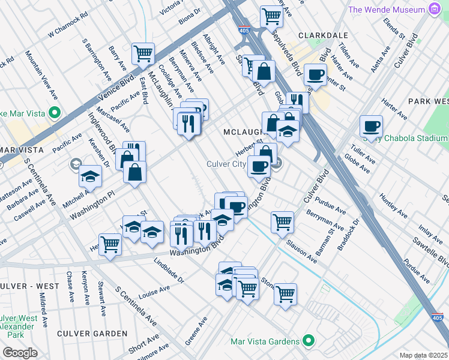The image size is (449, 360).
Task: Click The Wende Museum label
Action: coord(387,10)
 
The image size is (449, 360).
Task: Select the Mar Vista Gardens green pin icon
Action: coord(309,341)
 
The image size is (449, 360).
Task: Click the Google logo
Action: coord(20,353)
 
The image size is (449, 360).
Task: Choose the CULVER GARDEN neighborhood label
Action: coord(92,333)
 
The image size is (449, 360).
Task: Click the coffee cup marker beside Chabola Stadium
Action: coord(371,126)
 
